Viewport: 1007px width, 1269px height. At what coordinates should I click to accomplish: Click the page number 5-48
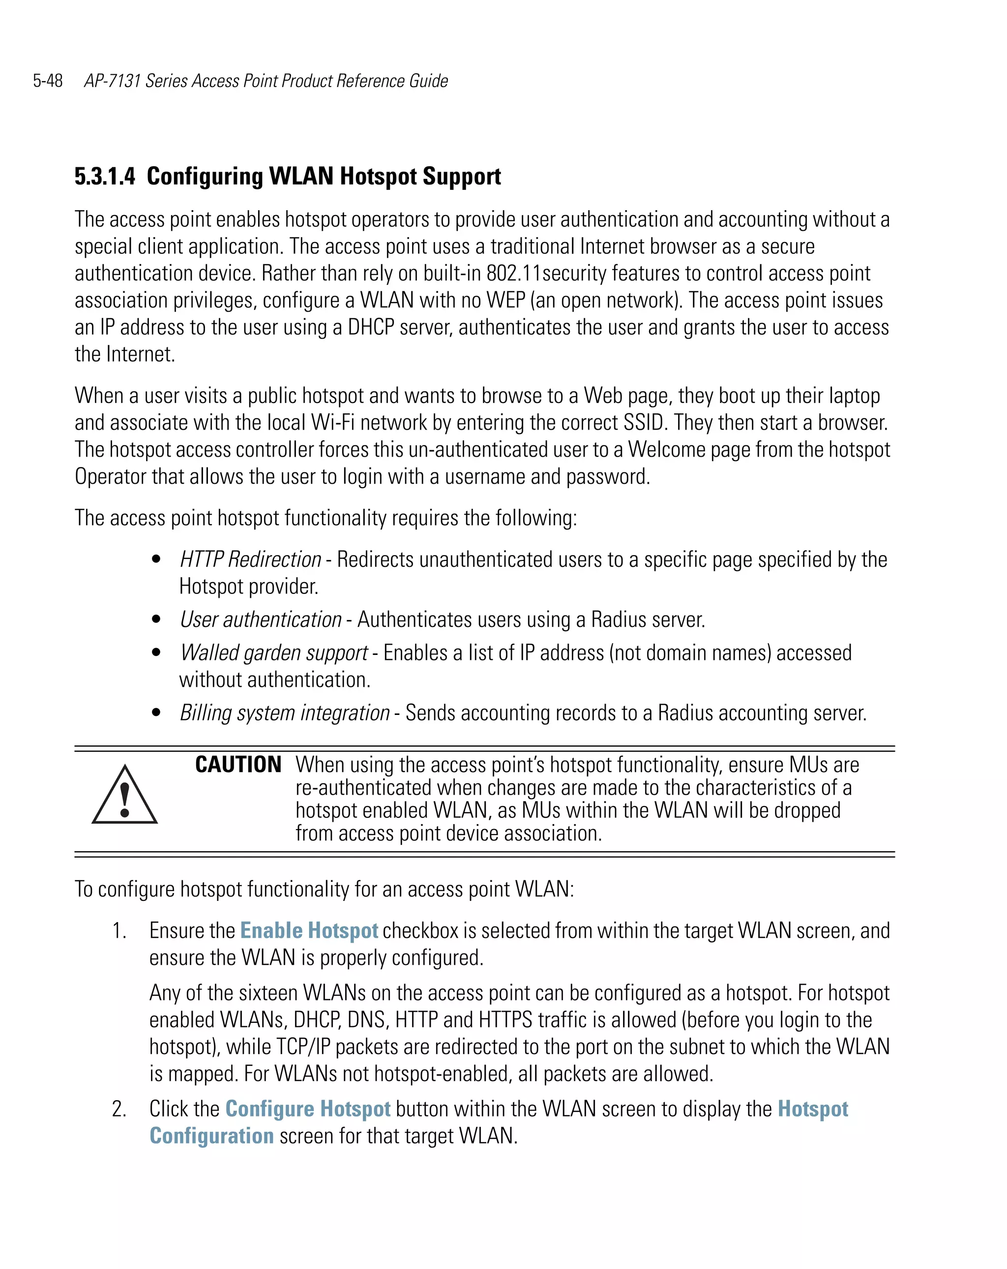tap(48, 81)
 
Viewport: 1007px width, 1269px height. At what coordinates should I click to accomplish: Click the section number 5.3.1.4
tap(105, 177)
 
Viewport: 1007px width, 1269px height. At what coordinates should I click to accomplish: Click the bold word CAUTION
tap(238, 765)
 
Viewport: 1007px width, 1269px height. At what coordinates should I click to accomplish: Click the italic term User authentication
tap(261, 620)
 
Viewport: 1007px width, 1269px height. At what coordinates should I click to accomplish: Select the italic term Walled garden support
tap(274, 653)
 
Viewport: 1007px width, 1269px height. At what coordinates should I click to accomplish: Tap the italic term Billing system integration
tap(285, 713)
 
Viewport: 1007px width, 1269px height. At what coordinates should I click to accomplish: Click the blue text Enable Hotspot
tap(309, 931)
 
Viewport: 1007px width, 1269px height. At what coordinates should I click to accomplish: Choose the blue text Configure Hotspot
tap(308, 1109)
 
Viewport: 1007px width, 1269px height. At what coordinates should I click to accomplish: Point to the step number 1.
tap(119, 931)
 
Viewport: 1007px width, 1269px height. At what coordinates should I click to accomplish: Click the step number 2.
tap(119, 1109)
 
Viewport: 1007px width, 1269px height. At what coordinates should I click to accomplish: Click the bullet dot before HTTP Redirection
tap(156, 559)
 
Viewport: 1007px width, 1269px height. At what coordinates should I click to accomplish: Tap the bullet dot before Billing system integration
tap(156, 713)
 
